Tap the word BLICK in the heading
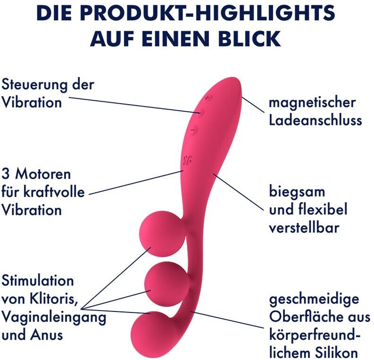(x=245, y=38)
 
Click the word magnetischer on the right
(x=312, y=103)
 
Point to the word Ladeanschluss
(x=316, y=120)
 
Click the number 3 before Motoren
(x=6, y=174)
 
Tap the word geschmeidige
(x=314, y=300)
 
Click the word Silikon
(x=336, y=353)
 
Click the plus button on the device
(x=208, y=98)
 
